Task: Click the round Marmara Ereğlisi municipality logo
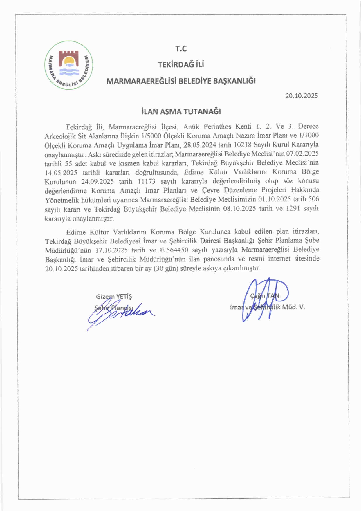click(69, 65)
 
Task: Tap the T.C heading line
click(181, 49)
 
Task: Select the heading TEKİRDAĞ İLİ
click(181, 65)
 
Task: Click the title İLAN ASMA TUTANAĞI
click(181, 111)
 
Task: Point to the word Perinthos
click(217, 127)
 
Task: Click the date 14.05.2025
click(61, 172)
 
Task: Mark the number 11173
click(147, 181)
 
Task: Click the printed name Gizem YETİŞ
click(114, 297)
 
